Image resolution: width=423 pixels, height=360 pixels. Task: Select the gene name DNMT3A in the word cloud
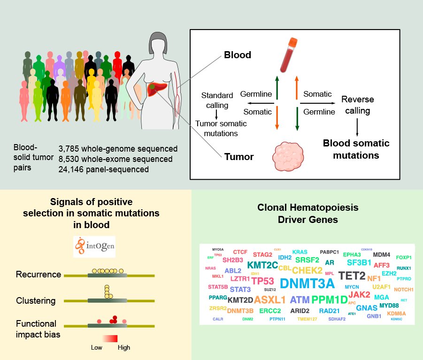(x=307, y=283)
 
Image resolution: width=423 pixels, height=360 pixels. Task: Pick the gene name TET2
(x=352, y=276)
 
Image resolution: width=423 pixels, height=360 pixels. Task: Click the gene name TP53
(x=262, y=281)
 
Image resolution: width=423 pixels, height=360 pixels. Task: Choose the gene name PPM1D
(x=330, y=300)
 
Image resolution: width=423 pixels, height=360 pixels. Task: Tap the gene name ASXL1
(x=270, y=299)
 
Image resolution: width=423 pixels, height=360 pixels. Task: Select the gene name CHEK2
(x=308, y=270)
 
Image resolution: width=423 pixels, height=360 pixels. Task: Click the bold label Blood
(x=237, y=55)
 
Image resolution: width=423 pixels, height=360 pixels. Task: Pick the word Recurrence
(x=38, y=274)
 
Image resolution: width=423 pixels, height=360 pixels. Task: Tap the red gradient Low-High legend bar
(x=109, y=338)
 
